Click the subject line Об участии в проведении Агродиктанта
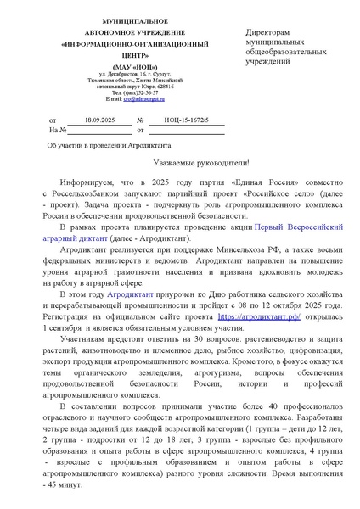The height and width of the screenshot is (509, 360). click(x=103, y=145)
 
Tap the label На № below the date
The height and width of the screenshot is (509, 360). click(x=58, y=131)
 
